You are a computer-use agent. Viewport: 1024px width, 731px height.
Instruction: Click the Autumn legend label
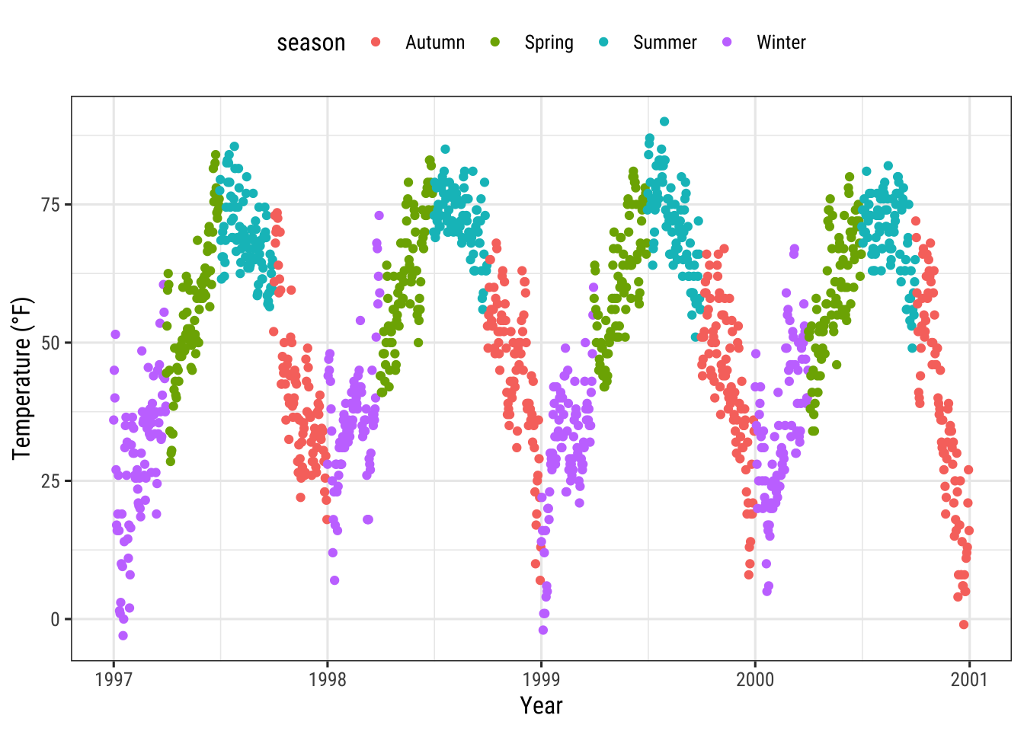tap(434, 43)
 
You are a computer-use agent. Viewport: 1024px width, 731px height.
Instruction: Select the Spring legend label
tap(549, 43)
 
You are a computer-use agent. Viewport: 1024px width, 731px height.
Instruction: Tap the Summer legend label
tap(664, 43)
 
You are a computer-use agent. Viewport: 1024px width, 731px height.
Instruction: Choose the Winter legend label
tap(781, 43)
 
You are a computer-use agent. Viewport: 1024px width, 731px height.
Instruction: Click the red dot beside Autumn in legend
tap(376, 43)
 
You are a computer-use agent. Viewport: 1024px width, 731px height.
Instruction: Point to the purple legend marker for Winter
tap(727, 43)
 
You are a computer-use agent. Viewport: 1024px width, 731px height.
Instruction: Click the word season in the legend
tap(311, 43)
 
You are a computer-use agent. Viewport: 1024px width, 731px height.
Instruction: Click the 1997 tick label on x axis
tap(114, 679)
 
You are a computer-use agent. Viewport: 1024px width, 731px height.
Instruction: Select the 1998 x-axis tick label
tap(328, 679)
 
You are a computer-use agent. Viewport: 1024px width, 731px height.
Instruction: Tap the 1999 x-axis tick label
tap(542, 679)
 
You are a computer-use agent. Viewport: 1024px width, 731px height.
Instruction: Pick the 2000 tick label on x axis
tap(755, 679)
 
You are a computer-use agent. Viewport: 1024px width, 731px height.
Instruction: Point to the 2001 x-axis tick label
tap(969, 679)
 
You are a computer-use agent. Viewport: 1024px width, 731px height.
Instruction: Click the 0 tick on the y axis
tap(56, 620)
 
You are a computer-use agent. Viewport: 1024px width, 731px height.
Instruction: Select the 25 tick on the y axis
tap(51, 481)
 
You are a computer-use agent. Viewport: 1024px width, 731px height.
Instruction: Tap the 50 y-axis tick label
tap(51, 343)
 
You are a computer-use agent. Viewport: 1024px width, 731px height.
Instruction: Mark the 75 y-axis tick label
tap(51, 205)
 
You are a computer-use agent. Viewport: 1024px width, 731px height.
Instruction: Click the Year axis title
tap(541, 706)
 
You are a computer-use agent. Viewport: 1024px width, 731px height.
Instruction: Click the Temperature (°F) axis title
tap(22, 378)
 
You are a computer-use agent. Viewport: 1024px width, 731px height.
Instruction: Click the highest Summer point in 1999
tap(664, 122)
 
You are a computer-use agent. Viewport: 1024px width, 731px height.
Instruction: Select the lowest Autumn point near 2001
tap(964, 624)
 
